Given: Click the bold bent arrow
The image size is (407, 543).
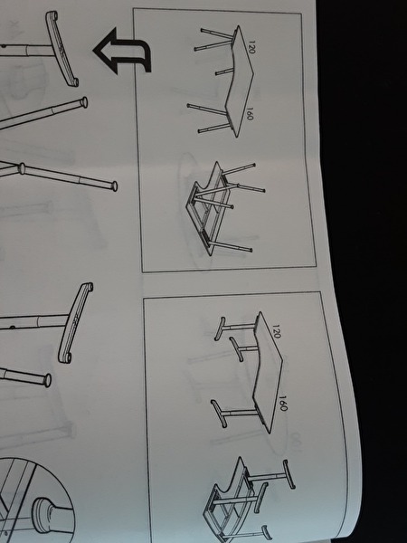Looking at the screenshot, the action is [x=124, y=51].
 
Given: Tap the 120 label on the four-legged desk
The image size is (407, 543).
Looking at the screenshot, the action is [x=251, y=47].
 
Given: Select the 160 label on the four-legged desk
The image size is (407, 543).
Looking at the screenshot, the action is [x=251, y=113].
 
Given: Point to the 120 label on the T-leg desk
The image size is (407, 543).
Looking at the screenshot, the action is [x=277, y=331].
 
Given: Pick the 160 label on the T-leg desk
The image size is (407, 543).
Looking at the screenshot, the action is [x=283, y=404].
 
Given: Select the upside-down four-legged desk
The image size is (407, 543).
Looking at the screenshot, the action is [x=222, y=207].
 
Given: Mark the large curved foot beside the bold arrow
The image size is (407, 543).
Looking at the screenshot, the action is [x=62, y=49].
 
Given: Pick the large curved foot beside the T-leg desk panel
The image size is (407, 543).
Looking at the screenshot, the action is [x=75, y=323].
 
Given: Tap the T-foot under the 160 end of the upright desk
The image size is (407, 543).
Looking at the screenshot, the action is [x=219, y=414].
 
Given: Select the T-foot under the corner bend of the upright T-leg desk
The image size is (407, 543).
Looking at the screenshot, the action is [x=236, y=349].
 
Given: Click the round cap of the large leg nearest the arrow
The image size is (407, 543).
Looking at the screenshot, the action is [x=83, y=102].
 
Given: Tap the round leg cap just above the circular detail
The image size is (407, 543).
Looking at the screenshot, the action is [x=47, y=380].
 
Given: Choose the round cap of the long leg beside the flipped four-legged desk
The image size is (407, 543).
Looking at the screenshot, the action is [x=114, y=186].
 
